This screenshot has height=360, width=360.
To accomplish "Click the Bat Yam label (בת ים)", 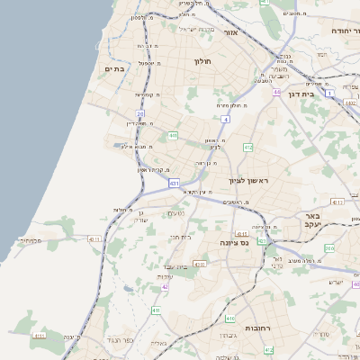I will (x=113, y=68).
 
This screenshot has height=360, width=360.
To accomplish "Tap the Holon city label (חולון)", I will (x=202, y=62).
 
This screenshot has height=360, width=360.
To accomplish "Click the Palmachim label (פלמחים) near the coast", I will (x=31, y=240).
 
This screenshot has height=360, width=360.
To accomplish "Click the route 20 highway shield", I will (x=140, y=113).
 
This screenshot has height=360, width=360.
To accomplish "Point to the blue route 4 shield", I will (x=225, y=118).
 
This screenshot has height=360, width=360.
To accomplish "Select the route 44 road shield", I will (x=275, y=92).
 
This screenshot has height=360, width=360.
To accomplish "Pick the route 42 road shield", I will (x=165, y=287).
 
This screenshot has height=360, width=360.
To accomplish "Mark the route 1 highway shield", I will (x=330, y=93).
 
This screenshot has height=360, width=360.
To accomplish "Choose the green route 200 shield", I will (x=329, y=247).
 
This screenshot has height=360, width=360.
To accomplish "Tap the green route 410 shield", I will (x=230, y=319).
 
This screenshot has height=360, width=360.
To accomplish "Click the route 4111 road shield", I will (x=94, y=238).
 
